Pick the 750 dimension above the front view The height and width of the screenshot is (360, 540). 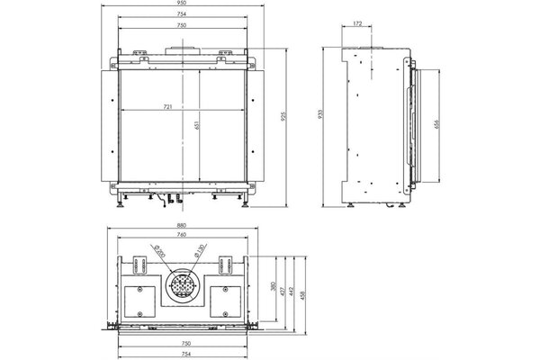point(185,27)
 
